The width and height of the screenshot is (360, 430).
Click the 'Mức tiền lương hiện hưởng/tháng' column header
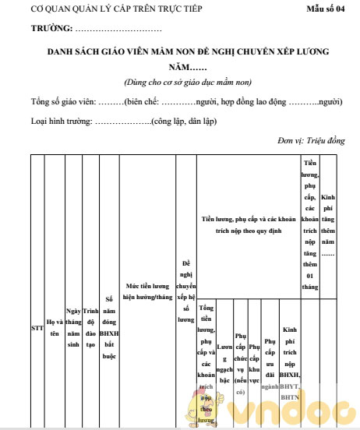[x=149, y=291]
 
